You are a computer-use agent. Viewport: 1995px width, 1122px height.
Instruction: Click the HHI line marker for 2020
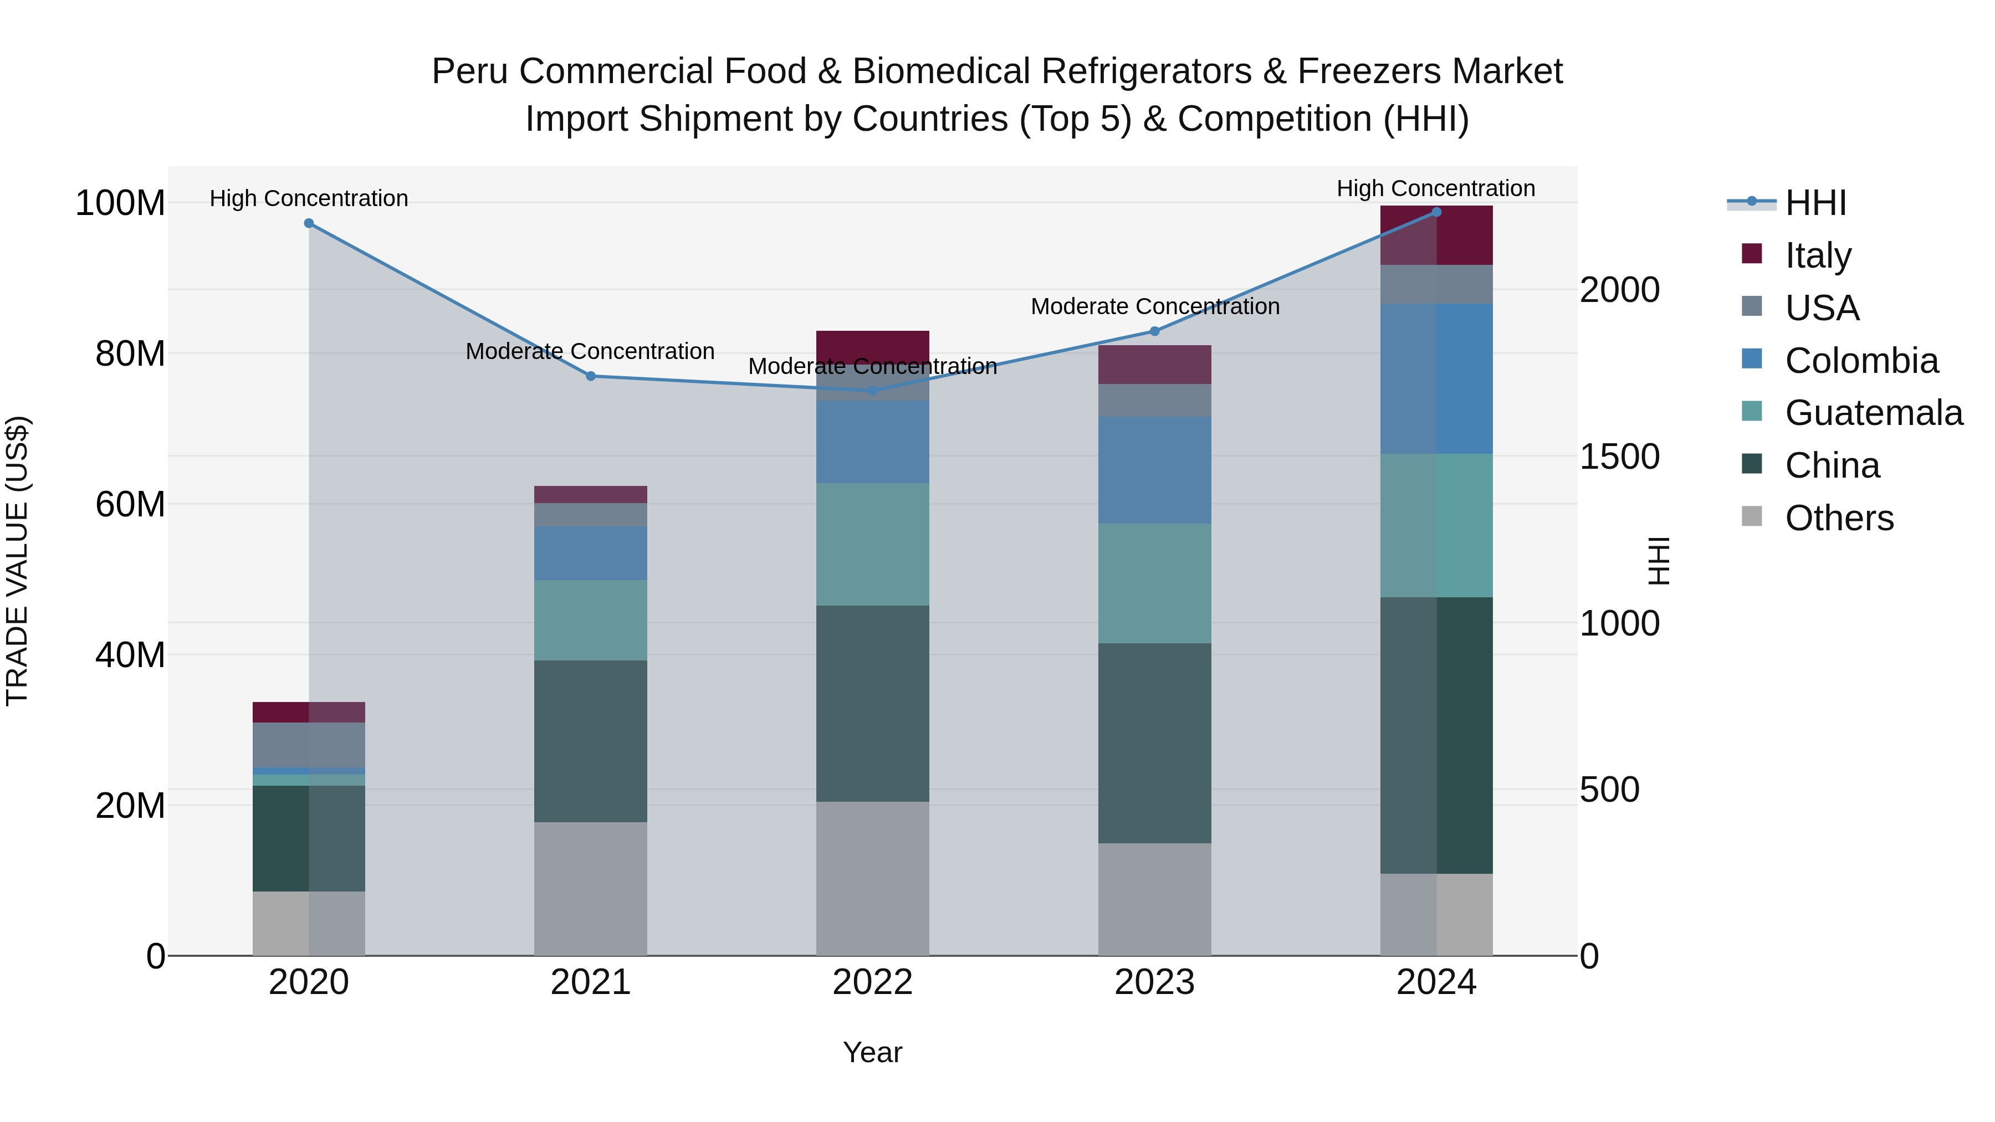pyautogui.click(x=309, y=223)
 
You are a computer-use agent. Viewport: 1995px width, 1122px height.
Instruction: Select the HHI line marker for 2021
pyautogui.click(x=590, y=376)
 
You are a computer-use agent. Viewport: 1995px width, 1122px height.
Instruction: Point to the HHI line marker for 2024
pyautogui.click(x=1436, y=212)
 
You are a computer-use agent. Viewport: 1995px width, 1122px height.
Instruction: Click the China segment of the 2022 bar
pyautogui.click(x=873, y=703)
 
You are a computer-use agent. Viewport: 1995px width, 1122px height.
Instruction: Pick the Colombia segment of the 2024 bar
pyautogui.click(x=1436, y=378)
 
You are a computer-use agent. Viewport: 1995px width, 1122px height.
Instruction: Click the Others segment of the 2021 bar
pyautogui.click(x=590, y=888)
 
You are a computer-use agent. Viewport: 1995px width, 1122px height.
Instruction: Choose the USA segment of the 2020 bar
pyautogui.click(x=309, y=745)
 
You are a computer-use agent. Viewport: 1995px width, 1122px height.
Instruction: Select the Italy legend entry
pyautogui.click(x=1817, y=255)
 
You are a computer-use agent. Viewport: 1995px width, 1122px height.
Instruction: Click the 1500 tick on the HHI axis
pyautogui.click(x=1619, y=457)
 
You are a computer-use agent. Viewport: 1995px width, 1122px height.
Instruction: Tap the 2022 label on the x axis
pyautogui.click(x=873, y=982)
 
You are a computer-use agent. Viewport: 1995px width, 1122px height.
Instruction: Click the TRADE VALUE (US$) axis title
pyautogui.click(x=17, y=561)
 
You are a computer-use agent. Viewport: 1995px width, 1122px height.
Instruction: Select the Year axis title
pyautogui.click(x=873, y=1052)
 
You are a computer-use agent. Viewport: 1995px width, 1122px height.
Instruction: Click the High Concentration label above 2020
pyautogui.click(x=309, y=198)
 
